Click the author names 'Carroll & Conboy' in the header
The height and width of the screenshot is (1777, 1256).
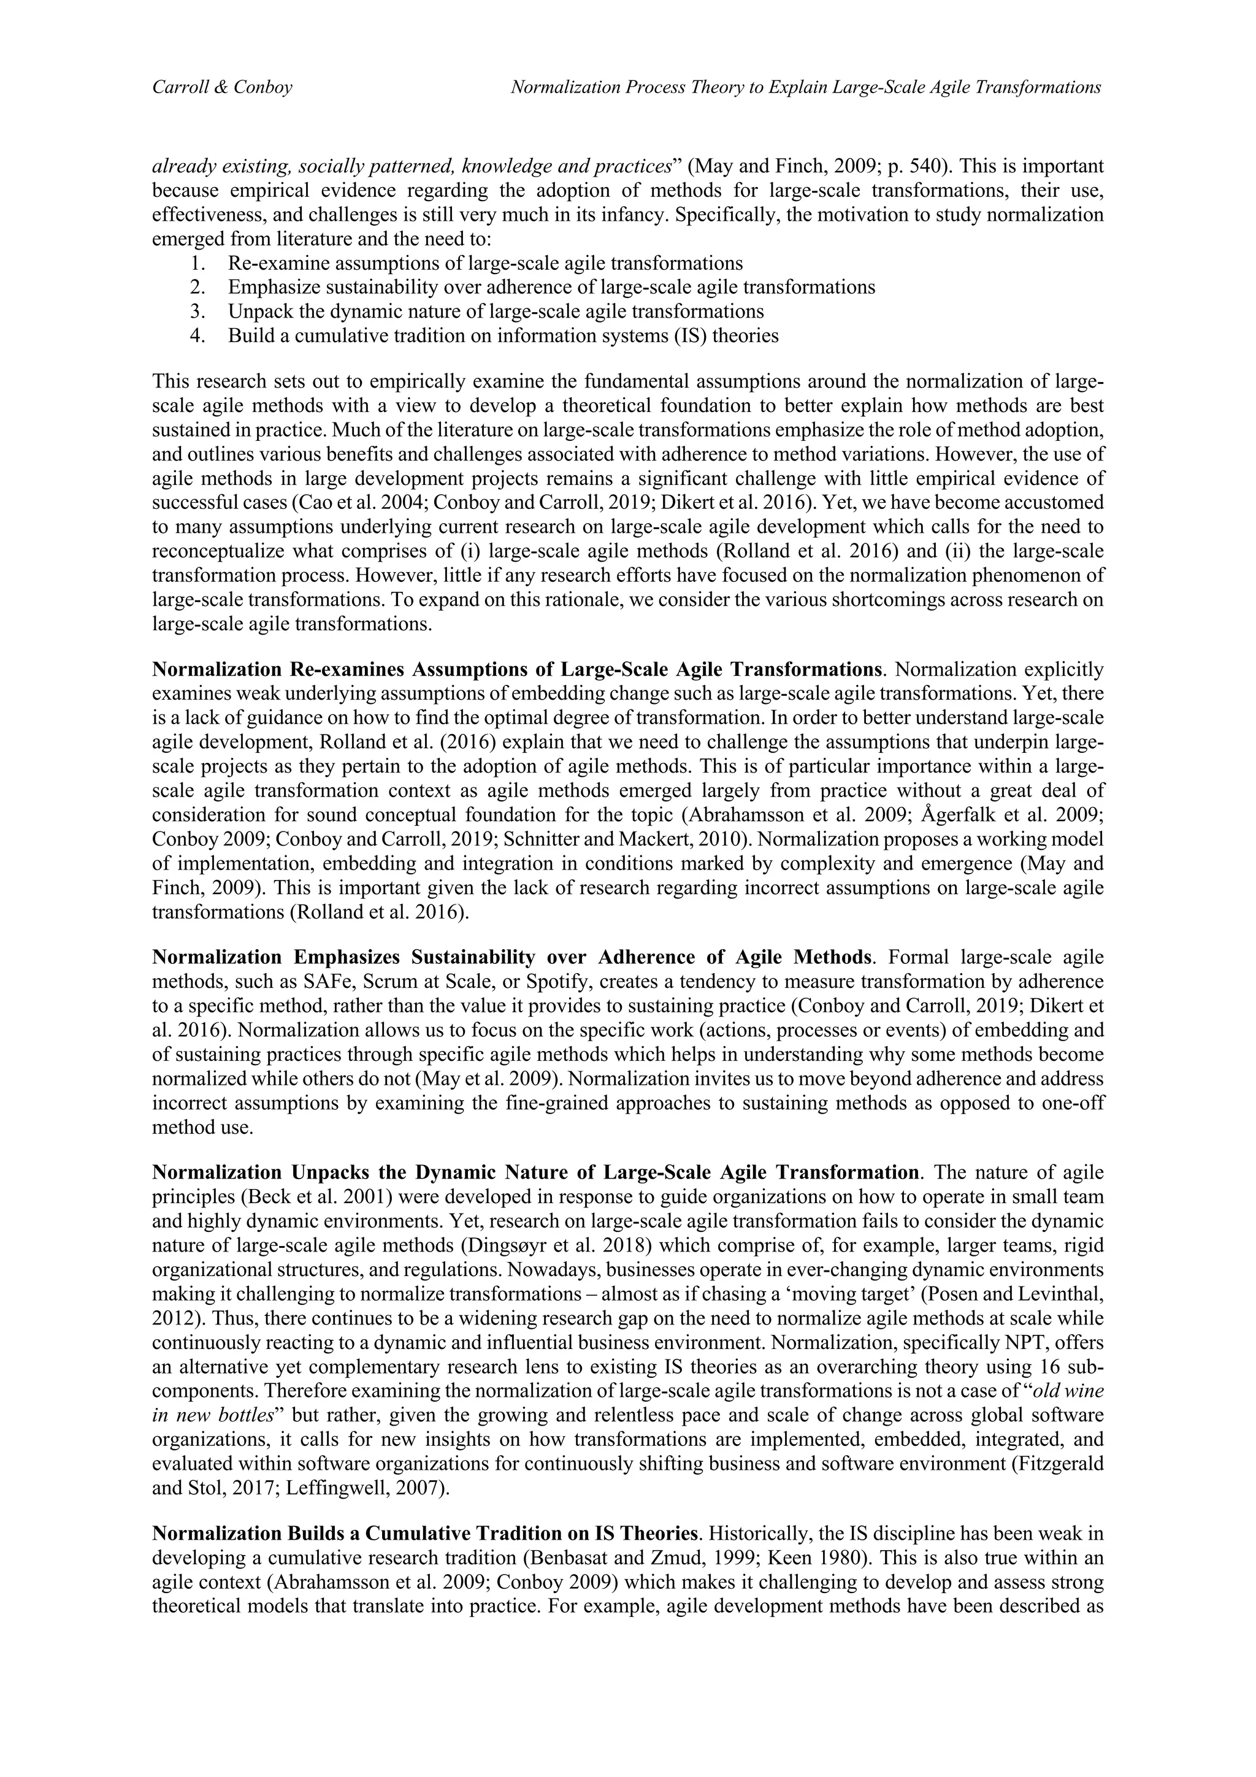[x=222, y=88]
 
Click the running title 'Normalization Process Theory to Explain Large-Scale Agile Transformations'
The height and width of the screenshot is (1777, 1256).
[x=806, y=88]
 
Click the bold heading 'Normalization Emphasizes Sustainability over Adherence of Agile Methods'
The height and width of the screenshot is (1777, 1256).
[x=514, y=958]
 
